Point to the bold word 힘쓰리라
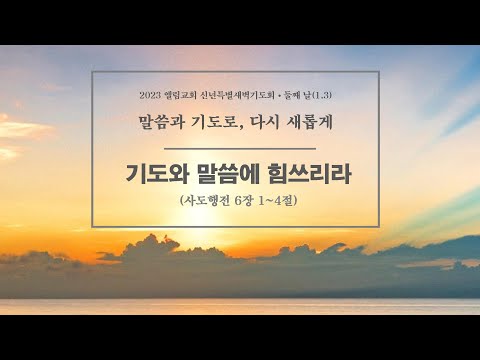[311, 170]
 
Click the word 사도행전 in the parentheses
[205, 201]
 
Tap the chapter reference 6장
[246, 201]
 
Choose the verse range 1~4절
[283, 201]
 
